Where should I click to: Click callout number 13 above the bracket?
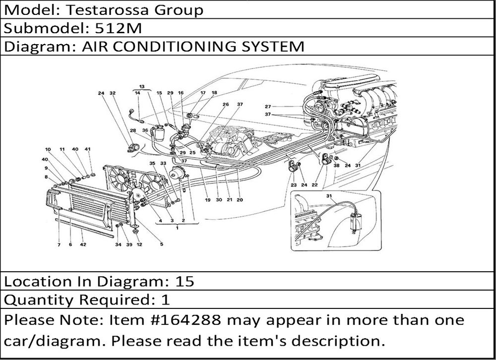(142, 86)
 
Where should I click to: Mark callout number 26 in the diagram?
(225, 105)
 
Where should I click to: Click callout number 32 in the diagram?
(113, 93)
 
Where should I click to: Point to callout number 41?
(88, 149)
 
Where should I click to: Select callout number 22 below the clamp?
(314, 185)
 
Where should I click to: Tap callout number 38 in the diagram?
(336, 166)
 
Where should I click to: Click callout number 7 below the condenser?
(59, 244)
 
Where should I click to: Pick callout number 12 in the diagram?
(139, 244)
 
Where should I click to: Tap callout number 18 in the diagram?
(214, 93)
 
